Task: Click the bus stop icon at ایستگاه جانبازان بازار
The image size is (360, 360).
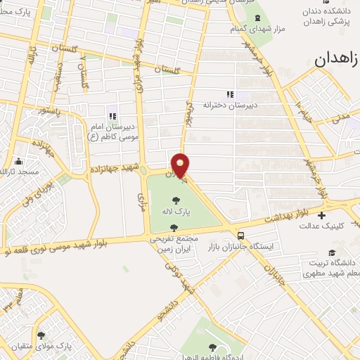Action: tap(241, 236)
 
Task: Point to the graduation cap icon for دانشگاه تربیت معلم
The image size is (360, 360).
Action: tap(330, 252)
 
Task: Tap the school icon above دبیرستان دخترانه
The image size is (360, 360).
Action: tap(229, 94)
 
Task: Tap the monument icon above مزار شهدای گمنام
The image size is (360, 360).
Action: tap(256, 18)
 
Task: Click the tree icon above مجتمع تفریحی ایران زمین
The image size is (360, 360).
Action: tap(174, 227)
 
